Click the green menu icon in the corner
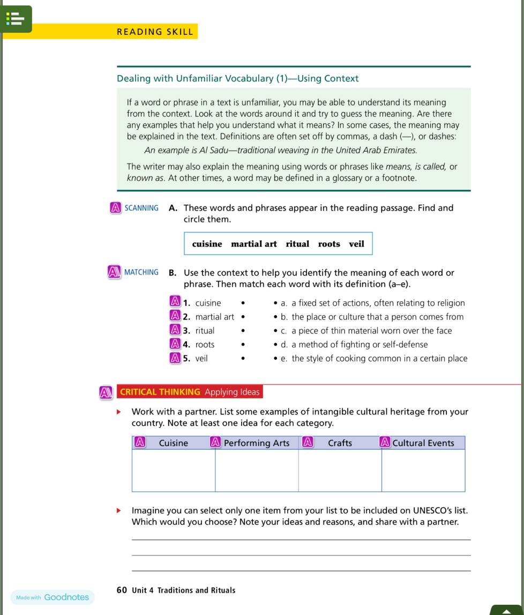pos(16,19)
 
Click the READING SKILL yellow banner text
pos(155,32)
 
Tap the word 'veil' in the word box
pos(356,244)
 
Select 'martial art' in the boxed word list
pos(254,244)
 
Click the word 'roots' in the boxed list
pos(329,244)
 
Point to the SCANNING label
pos(141,208)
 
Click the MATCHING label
pos(141,272)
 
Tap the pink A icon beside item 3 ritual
pos(175,330)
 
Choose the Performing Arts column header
pos(256,443)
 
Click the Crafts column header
pos(340,443)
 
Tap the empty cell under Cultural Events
pos(423,470)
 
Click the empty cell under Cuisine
pos(174,470)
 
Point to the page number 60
pos(122,590)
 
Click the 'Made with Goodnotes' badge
pos(53,597)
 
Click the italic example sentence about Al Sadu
pos(281,150)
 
